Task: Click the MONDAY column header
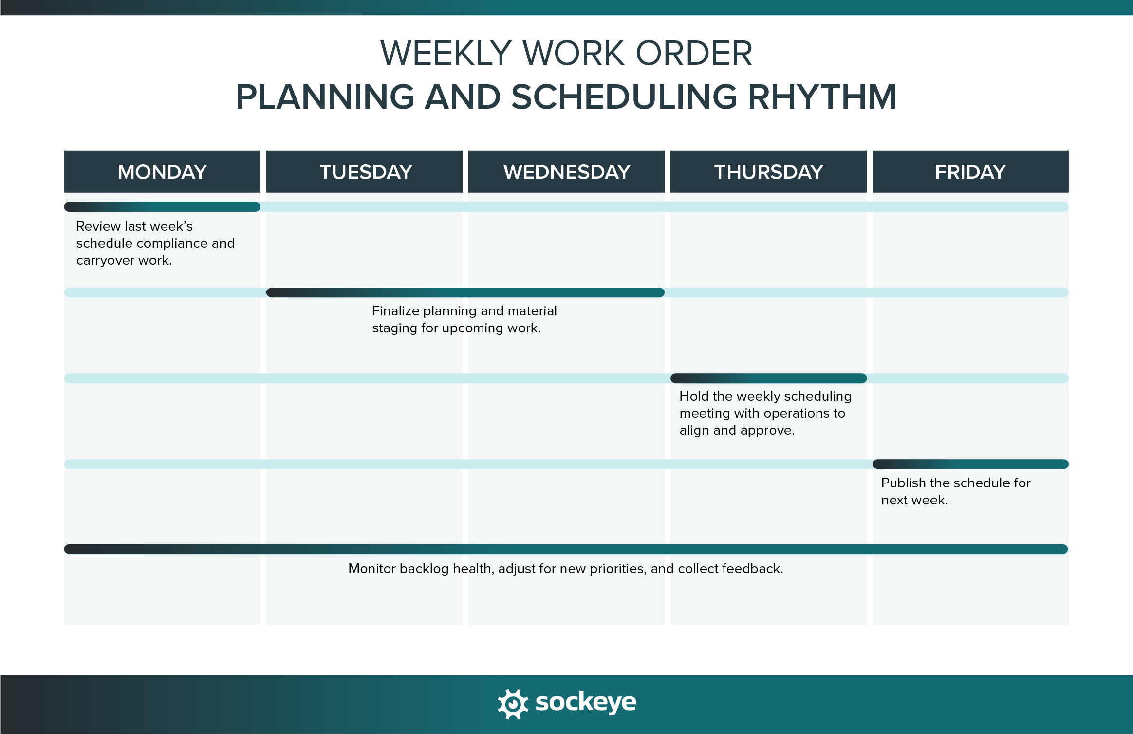(x=162, y=172)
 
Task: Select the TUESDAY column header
(x=364, y=172)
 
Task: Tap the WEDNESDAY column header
(x=566, y=172)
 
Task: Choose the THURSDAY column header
(x=768, y=172)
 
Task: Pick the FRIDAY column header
(x=970, y=172)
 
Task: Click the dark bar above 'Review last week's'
(x=162, y=207)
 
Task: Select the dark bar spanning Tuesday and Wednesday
(x=465, y=292)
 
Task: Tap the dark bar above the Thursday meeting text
(x=768, y=378)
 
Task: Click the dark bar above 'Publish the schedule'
(x=970, y=464)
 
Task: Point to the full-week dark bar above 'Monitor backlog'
(x=566, y=549)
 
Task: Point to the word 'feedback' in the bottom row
(x=752, y=569)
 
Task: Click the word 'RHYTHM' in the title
(x=822, y=97)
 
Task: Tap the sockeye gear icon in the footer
(x=512, y=704)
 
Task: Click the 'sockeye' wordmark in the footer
(x=585, y=703)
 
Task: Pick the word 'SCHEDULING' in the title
(x=624, y=97)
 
